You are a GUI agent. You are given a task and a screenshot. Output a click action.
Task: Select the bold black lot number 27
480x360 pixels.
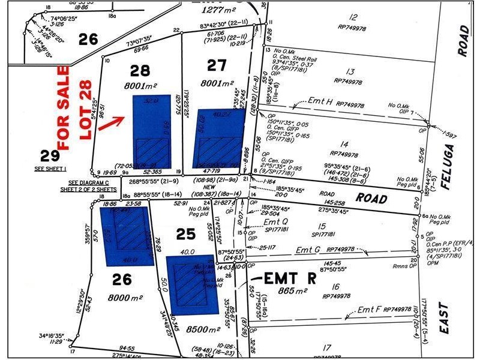(x=216, y=65)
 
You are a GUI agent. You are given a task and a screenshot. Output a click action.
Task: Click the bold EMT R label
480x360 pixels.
(x=290, y=278)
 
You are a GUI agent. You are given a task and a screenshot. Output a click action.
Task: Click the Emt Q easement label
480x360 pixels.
(x=272, y=222)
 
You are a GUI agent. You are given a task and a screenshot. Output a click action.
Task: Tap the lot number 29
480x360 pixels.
(x=50, y=155)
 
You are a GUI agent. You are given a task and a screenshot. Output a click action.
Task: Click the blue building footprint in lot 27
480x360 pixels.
(x=218, y=139)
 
